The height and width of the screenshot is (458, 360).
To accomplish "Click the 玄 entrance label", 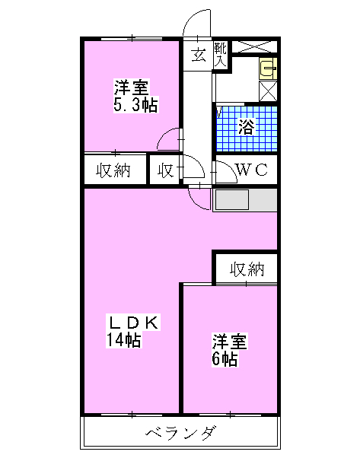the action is point(199,56).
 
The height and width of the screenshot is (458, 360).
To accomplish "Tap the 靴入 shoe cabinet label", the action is point(220,55).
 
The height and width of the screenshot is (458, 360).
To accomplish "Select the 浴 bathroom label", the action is point(247,127).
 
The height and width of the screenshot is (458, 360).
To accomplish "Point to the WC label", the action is point(252,170).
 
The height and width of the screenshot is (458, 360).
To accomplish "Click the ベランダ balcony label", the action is point(181,432).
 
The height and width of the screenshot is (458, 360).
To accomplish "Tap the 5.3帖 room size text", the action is point(135,104).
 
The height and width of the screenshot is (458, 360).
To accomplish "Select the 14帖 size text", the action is point(124,339).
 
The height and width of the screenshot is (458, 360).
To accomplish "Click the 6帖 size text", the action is point(225,358).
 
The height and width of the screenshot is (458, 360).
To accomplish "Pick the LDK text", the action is point(134,323).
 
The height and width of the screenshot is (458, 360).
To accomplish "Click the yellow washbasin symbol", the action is point(268,68).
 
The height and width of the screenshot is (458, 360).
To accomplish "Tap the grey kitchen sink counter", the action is point(245,200).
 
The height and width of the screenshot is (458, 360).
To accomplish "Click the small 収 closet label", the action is point(166,170).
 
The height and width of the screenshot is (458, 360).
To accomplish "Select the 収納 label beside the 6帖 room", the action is point(247,269).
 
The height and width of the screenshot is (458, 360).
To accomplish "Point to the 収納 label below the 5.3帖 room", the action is point(113,170).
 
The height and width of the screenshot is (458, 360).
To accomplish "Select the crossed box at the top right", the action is point(254,47).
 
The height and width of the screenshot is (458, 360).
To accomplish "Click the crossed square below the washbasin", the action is point(268,91).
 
